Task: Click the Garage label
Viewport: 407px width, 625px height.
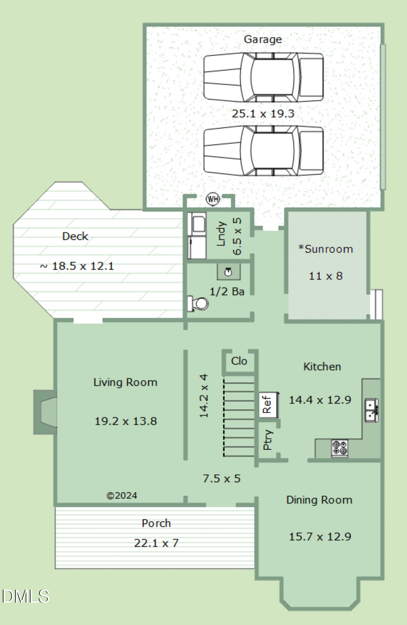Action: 263,40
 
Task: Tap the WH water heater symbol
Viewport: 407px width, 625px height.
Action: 213,199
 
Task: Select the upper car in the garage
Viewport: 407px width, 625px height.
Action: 263,77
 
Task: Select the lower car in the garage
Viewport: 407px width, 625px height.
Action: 263,150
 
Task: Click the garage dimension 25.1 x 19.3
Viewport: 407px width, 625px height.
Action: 263,114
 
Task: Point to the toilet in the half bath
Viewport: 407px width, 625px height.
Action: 198,303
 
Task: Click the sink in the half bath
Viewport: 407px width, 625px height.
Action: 228,272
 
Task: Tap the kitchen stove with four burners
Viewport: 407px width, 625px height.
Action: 340,448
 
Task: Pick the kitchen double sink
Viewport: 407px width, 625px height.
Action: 371,410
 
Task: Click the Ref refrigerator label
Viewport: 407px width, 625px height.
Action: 267,405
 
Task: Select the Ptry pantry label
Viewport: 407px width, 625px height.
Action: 267,439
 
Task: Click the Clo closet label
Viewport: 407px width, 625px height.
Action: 239,361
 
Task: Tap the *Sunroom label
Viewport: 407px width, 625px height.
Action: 326,249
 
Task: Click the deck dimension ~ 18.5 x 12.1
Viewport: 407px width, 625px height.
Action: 77,266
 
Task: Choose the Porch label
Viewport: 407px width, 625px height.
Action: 156,523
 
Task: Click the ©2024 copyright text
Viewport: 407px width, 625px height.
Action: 122,495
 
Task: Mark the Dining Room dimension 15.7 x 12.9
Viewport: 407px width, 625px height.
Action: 320,537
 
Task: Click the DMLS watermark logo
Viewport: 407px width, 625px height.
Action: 25,596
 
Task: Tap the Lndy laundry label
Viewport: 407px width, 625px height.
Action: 221,233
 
